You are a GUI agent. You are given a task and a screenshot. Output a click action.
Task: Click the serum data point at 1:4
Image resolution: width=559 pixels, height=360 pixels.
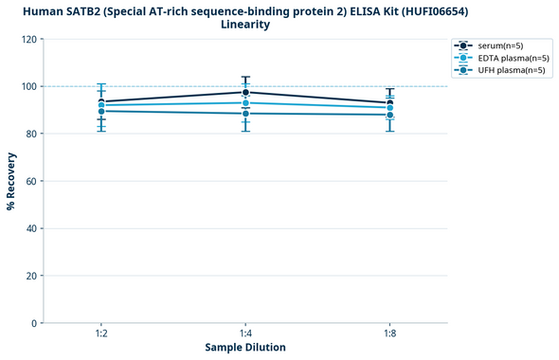coord(246,92)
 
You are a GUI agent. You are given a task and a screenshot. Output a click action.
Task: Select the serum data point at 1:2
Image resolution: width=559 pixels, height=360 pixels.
coord(101,101)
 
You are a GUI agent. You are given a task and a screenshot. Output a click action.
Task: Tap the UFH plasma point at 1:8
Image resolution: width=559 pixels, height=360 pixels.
coord(390,115)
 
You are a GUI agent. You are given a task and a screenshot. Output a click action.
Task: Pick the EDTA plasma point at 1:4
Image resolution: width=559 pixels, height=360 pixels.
coord(246,102)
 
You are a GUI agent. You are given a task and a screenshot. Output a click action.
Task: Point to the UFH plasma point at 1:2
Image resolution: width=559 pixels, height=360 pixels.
coord(101,111)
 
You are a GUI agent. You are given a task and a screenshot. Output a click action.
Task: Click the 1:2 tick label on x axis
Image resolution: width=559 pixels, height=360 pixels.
coord(101,333)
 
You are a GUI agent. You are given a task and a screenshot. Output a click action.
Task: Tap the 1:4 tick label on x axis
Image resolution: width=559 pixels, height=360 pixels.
coord(246,333)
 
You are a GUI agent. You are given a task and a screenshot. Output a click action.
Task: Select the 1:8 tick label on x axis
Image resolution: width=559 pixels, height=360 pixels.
coord(390,333)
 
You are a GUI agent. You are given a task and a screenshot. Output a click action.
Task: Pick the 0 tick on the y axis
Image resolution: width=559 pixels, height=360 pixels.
coord(34,323)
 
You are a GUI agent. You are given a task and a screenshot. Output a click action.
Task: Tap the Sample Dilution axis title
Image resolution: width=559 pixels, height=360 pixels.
coord(245,348)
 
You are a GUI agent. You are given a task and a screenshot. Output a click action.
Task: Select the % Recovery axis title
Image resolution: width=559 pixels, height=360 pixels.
coord(11,180)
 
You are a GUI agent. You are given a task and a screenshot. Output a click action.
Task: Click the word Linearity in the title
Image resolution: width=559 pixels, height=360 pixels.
coord(245,25)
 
